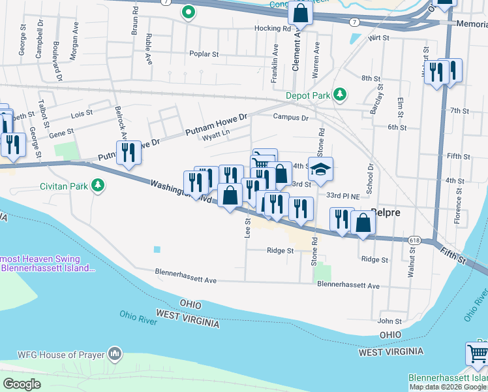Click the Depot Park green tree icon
[x=339, y=95]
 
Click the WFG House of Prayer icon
[x=115, y=353]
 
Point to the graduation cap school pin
[x=320, y=170]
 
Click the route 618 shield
[x=414, y=240]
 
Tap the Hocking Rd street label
[x=273, y=29]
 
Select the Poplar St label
[x=204, y=54]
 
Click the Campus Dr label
[x=290, y=118]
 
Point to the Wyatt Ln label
[x=216, y=135]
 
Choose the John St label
[x=389, y=321]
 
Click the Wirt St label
[x=378, y=39]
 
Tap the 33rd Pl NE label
[x=343, y=196]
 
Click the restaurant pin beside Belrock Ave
[x=129, y=153]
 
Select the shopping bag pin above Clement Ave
[x=300, y=12]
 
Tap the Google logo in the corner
[x=22, y=384]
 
